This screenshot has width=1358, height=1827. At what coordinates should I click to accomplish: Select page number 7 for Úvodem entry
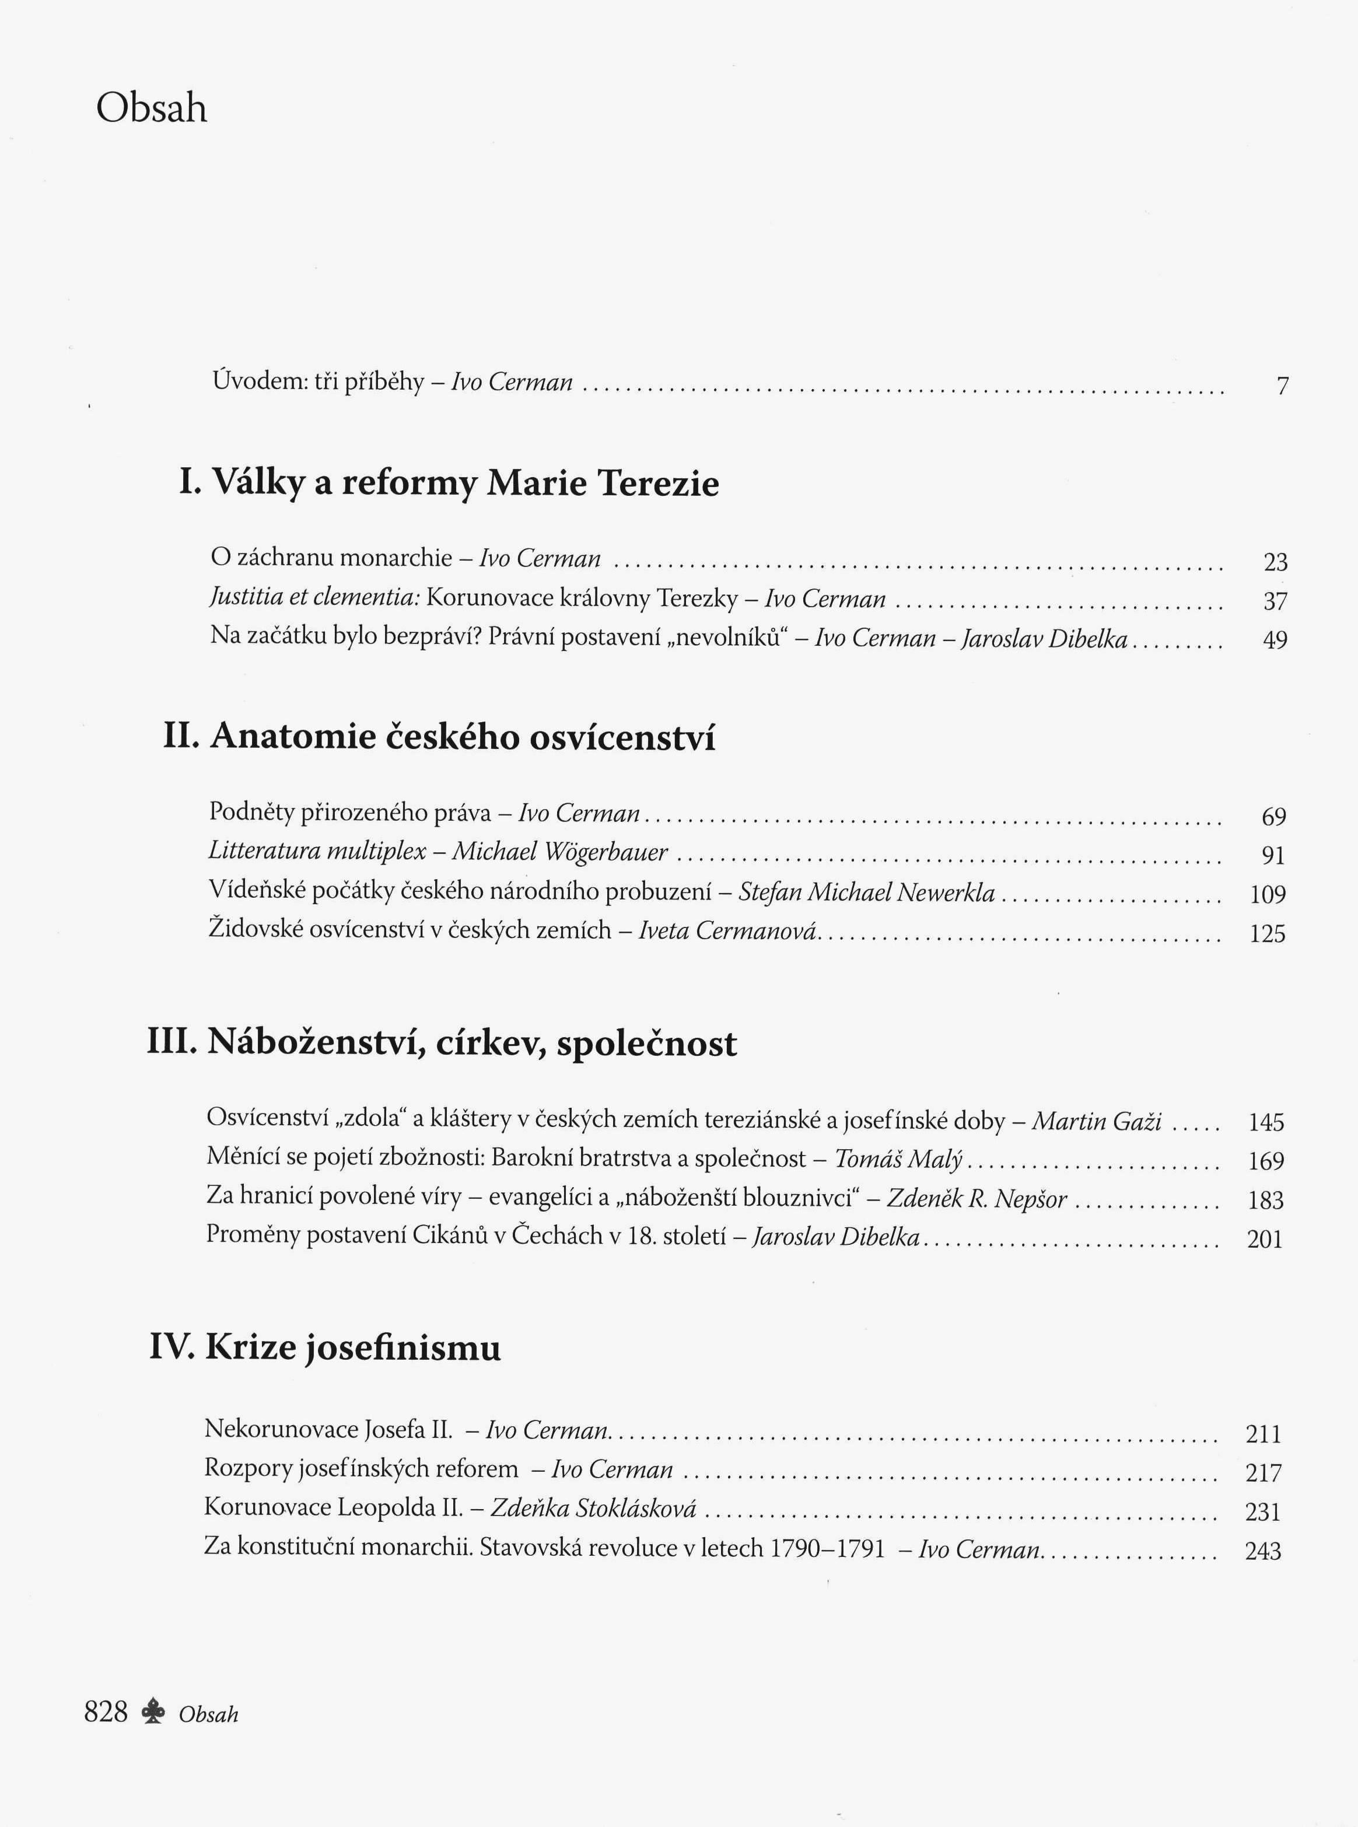pyautogui.click(x=1282, y=386)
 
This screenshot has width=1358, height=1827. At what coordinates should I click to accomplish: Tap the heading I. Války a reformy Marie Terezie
pyautogui.click(x=449, y=482)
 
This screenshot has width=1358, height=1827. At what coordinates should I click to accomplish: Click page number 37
pyautogui.click(x=1275, y=601)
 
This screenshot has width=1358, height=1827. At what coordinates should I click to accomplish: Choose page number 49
pyautogui.click(x=1275, y=640)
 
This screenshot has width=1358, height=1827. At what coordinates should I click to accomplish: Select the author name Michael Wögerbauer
pyautogui.click(x=561, y=852)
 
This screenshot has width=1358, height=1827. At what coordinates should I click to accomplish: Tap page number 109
pyautogui.click(x=1268, y=894)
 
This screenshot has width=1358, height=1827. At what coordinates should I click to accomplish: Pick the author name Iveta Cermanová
pyautogui.click(x=727, y=930)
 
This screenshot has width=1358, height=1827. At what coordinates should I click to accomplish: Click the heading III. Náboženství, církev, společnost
pyautogui.click(x=442, y=1043)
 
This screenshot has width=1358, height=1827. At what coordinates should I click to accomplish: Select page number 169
pyautogui.click(x=1266, y=1161)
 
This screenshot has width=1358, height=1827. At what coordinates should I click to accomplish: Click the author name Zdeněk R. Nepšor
pyautogui.click(x=978, y=1199)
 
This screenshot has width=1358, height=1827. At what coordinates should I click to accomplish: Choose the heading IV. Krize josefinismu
pyautogui.click(x=325, y=1349)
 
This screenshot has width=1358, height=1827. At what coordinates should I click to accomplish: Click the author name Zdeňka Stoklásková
pyautogui.click(x=593, y=1508)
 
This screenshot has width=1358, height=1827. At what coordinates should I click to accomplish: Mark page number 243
pyautogui.click(x=1263, y=1551)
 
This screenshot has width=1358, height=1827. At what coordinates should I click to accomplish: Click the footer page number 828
pyautogui.click(x=106, y=1712)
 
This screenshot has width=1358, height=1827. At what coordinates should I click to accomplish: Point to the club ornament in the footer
pyautogui.click(x=153, y=1713)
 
